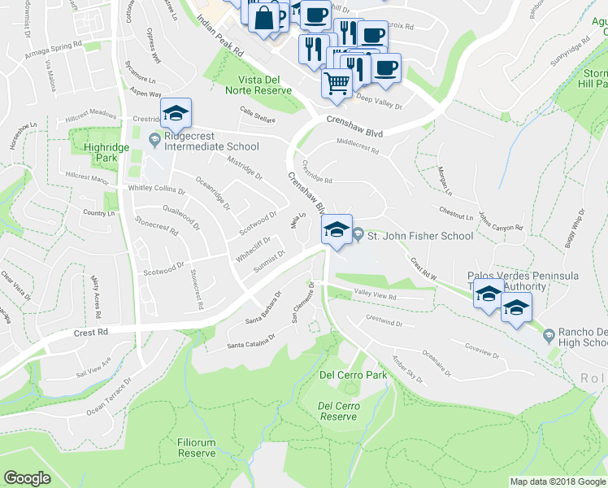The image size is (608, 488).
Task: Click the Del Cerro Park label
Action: (353, 375)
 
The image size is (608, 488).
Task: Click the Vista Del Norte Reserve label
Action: (264, 84)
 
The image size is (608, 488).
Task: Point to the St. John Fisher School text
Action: (419, 236)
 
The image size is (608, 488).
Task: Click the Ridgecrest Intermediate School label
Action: (211, 146)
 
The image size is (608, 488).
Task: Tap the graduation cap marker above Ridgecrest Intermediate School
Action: (175, 115)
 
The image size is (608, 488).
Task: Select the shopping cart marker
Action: (337, 83)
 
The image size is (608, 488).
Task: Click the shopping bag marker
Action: (264, 17)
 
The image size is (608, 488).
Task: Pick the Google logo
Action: (28, 478)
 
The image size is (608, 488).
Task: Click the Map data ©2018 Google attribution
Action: (558, 481)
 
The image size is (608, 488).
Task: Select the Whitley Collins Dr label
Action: (157, 189)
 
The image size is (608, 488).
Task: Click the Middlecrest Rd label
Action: (358, 150)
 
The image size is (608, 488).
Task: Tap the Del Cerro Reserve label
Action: (338, 410)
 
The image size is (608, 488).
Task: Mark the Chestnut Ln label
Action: (455, 216)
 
